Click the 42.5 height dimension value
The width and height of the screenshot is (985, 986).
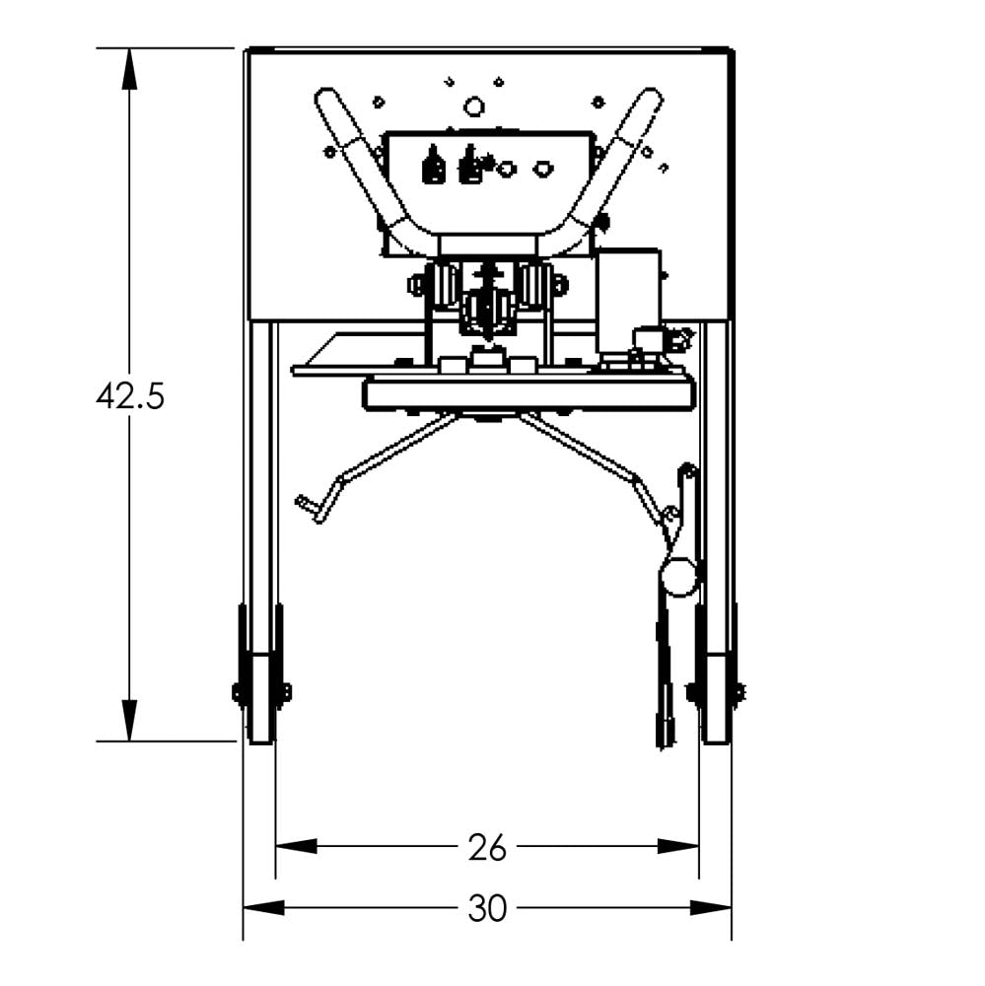[130, 396]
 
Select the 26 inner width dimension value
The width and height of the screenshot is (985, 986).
[486, 846]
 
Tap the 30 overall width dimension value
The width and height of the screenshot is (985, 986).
[486, 908]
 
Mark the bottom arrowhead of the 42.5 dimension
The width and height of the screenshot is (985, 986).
[129, 721]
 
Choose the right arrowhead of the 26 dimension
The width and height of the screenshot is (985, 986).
[678, 846]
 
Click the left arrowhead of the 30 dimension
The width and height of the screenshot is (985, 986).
[264, 908]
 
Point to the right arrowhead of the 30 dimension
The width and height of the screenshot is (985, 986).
[710, 908]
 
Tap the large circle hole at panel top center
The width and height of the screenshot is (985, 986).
[474, 105]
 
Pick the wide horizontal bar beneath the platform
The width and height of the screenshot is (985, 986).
[528, 393]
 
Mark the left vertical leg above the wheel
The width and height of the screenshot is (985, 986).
[261, 463]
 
